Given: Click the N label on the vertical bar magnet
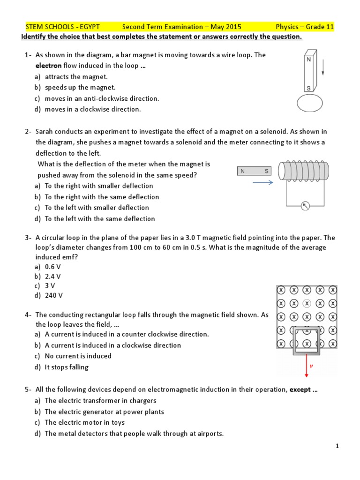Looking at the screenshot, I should [x=308, y=60].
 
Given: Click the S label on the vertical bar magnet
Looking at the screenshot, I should [x=308, y=88].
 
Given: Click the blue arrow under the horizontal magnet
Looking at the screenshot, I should [x=262, y=183].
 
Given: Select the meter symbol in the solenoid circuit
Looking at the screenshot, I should [x=305, y=206].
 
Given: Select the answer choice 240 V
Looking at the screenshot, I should [x=53, y=295].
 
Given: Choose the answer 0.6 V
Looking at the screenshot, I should [x=53, y=266].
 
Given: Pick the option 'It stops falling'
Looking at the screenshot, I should [x=66, y=367].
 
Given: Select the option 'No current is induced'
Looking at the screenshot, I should [x=78, y=356].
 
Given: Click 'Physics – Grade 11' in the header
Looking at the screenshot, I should [x=305, y=27].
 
